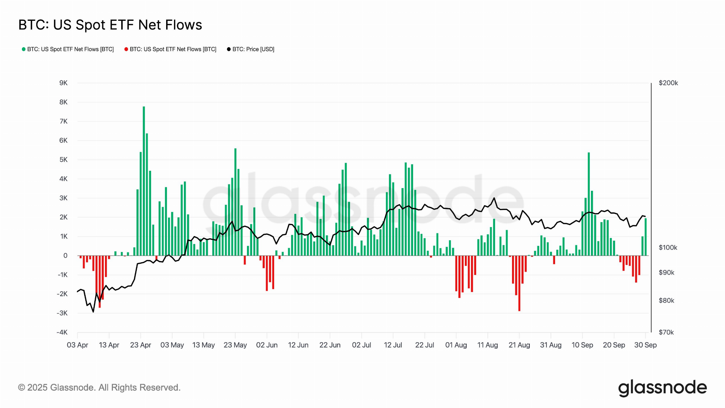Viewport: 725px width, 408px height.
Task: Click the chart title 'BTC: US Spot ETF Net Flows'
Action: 110,25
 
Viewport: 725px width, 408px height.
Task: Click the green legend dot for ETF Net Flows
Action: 24,49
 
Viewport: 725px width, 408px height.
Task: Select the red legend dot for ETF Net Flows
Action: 126,49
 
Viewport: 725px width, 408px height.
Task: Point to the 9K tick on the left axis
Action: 63,83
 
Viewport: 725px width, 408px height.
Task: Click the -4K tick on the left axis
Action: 62,332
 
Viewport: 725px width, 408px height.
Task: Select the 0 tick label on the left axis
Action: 65,256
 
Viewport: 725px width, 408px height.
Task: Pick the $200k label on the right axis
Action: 668,83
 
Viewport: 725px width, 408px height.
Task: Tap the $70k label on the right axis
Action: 666,332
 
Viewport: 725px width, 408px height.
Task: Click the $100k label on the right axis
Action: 668,248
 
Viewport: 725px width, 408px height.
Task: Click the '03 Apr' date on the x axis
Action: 77,345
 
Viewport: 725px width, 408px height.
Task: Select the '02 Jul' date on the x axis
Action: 361,345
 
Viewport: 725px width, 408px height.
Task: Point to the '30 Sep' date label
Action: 645,345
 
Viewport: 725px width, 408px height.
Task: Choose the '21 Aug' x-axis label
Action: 519,345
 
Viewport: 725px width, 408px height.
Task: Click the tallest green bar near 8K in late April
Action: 144,181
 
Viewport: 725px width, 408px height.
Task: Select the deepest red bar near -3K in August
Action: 519,283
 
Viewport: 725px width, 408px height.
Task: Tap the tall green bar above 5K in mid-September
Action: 589,204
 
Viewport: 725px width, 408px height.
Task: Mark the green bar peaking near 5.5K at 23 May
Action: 235,202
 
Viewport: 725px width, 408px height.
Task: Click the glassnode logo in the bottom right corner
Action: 662,388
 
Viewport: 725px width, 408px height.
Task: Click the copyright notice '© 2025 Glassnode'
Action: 99,388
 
